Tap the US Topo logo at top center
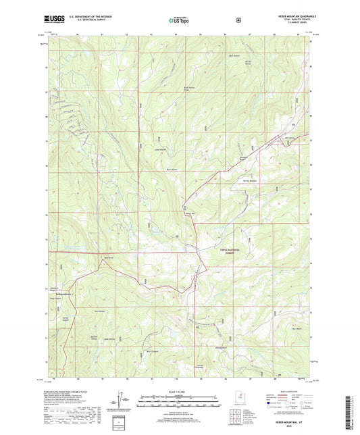click(x=179, y=21)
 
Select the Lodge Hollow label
click(x=159, y=150)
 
